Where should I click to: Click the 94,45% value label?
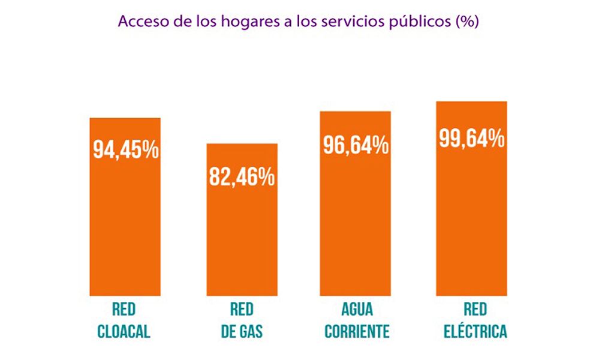pyautogui.click(x=125, y=149)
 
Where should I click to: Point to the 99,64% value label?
pyautogui.click(x=471, y=139)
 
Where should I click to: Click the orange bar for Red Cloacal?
pyautogui.click(x=125, y=228)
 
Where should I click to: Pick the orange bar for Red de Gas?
pyautogui.click(x=242, y=240)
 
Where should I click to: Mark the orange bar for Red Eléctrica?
pyautogui.click(x=471, y=222)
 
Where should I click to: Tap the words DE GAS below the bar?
pyautogui.click(x=242, y=331)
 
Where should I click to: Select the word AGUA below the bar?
pyautogui.click(x=357, y=310)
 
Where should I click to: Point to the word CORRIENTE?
pyautogui.click(x=357, y=331)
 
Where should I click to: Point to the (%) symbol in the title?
pyautogui.click(x=466, y=22)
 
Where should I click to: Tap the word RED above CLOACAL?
pyautogui.click(x=124, y=310)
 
